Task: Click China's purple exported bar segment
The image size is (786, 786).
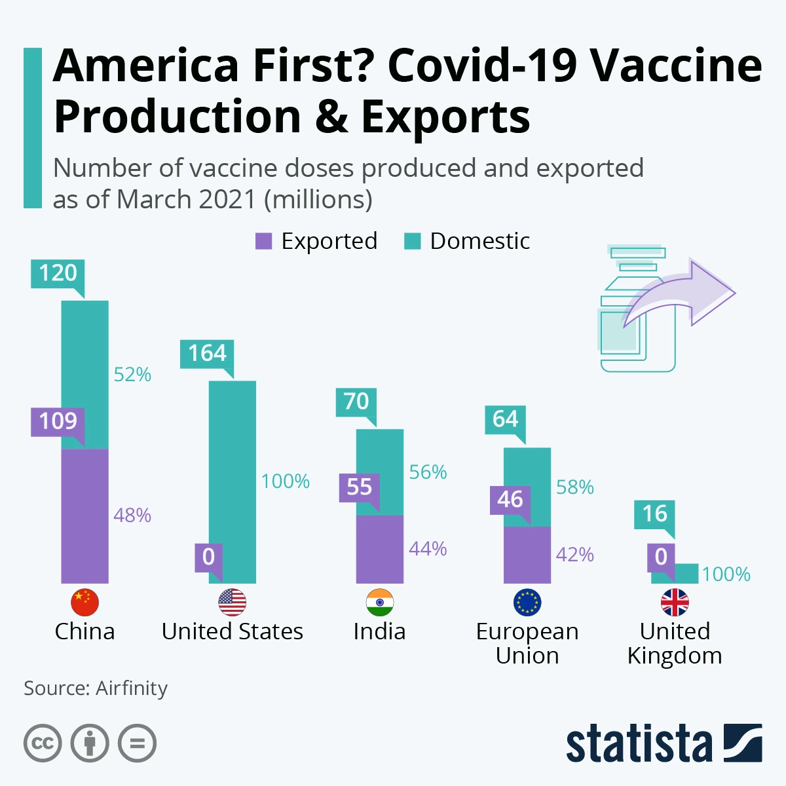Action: [84, 515]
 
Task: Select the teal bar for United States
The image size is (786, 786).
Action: [233, 481]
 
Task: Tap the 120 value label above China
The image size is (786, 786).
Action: [58, 273]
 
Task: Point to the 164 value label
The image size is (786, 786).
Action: [207, 354]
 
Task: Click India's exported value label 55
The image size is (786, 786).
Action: [359, 487]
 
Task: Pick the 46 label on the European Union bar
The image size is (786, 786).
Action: [510, 500]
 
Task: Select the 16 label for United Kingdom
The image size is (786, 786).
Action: [654, 514]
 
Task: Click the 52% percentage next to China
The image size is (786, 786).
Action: [132, 375]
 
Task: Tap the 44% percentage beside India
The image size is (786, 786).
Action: [428, 549]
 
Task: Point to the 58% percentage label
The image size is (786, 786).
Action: [574, 487]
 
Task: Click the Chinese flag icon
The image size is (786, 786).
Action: [84, 603]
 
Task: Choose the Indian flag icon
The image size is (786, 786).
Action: [380, 603]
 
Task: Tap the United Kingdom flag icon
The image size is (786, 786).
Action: [675, 603]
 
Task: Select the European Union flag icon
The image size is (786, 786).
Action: [527, 603]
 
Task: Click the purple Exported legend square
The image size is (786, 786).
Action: [263, 242]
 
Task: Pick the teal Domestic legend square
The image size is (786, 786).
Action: [412, 242]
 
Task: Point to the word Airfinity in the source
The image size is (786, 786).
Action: [132, 688]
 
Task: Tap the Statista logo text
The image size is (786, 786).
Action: [639, 744]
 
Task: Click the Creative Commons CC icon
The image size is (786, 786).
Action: [43, 743]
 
